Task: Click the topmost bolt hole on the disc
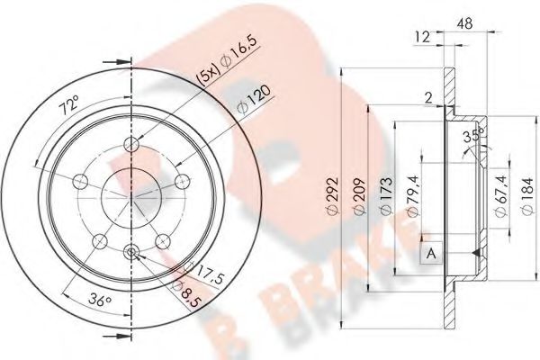pyautogui.click(x=133, y=146)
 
